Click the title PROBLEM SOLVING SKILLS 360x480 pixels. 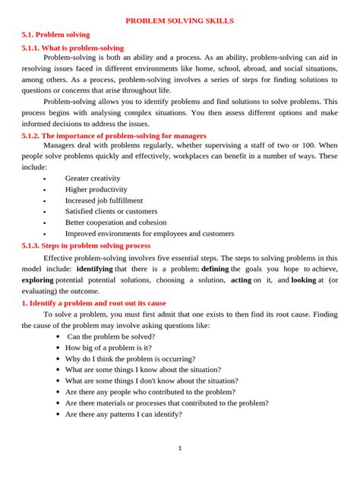(179, 21)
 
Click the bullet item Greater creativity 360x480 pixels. (93, 178)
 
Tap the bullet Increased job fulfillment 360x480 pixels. (103, 201)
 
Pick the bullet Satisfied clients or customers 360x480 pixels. (111, 211)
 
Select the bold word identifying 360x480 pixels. (94, 269)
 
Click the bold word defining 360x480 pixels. (214, 269)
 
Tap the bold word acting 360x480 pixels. (241, 279)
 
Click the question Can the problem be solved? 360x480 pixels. (111, 336)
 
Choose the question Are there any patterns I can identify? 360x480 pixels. (123, 415)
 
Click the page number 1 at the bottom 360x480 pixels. (180, 448)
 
